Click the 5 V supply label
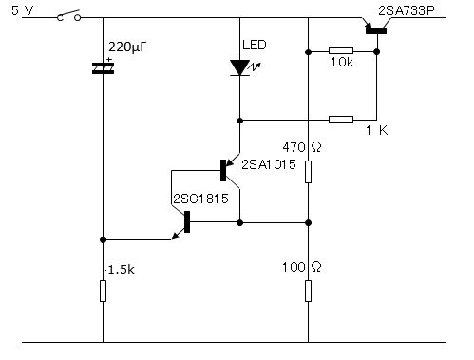[x=22, y=10]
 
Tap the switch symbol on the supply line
[x=68, y=15]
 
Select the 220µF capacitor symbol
[x=103, y=67]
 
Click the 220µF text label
[x=127, y=47]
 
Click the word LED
[x=255, y=45]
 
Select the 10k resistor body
[x=341, y=50]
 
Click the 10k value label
[x=342, y=62]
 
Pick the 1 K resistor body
[x=341, y=119]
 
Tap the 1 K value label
[x=377, y=130]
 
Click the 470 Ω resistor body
[x=308, y=172]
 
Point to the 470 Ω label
[x=302, y=147]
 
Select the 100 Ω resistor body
[x=308, y=291]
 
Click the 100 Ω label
[x=302, y=267]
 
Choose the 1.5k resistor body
[x=103, y=291]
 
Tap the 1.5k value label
[x=121, y=270]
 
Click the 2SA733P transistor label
[x=407, y=10]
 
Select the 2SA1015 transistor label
[x=269, y=164]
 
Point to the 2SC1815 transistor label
[x=200, y=199]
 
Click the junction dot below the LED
[x=239, y=121]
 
